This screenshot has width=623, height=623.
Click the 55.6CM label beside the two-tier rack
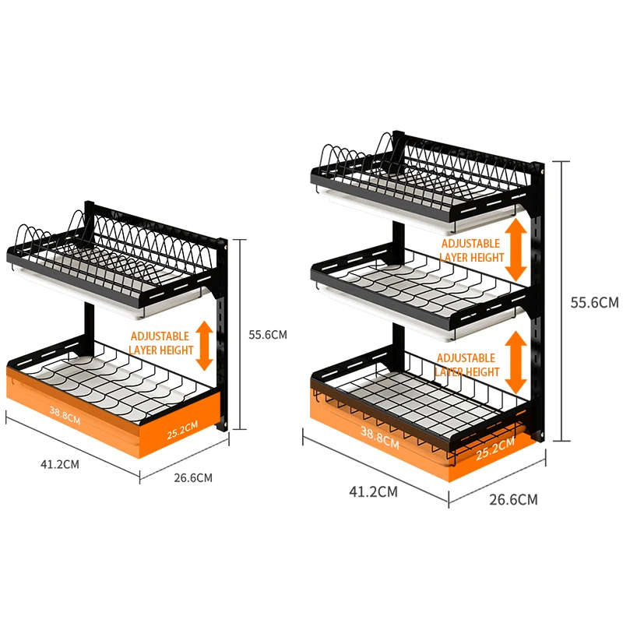tap(268, 335)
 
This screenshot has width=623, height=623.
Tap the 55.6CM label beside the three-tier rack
tap(594, 302)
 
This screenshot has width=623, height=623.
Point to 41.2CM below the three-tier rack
tap(374, 491)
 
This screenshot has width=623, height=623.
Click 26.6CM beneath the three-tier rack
tap(512, 499)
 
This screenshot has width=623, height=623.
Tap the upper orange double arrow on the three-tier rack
tap(516, 249)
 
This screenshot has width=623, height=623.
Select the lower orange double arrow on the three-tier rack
tap(516, 362)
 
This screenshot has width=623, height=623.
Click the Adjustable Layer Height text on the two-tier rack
tap(160, 343)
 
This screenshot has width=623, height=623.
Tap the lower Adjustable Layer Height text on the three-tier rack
tap(466, 364)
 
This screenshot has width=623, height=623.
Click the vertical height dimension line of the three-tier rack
tap(554, 301)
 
